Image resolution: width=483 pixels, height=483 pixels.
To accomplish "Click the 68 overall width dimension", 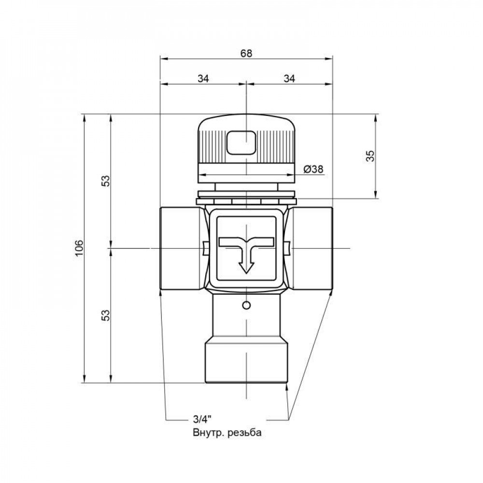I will click(247, 54).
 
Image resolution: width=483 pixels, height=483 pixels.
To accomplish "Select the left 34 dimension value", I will click(203, 78).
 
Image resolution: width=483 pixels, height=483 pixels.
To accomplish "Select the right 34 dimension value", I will click(290, 78).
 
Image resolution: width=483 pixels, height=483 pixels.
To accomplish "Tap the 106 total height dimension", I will click(80, 248).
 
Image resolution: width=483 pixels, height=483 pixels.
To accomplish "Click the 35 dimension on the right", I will click(370, 156).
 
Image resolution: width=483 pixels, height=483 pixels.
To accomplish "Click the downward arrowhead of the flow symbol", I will click(246, 267).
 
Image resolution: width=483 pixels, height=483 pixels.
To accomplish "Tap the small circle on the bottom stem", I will click(246, 305).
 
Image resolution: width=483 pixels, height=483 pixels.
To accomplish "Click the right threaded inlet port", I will click(313, 248).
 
